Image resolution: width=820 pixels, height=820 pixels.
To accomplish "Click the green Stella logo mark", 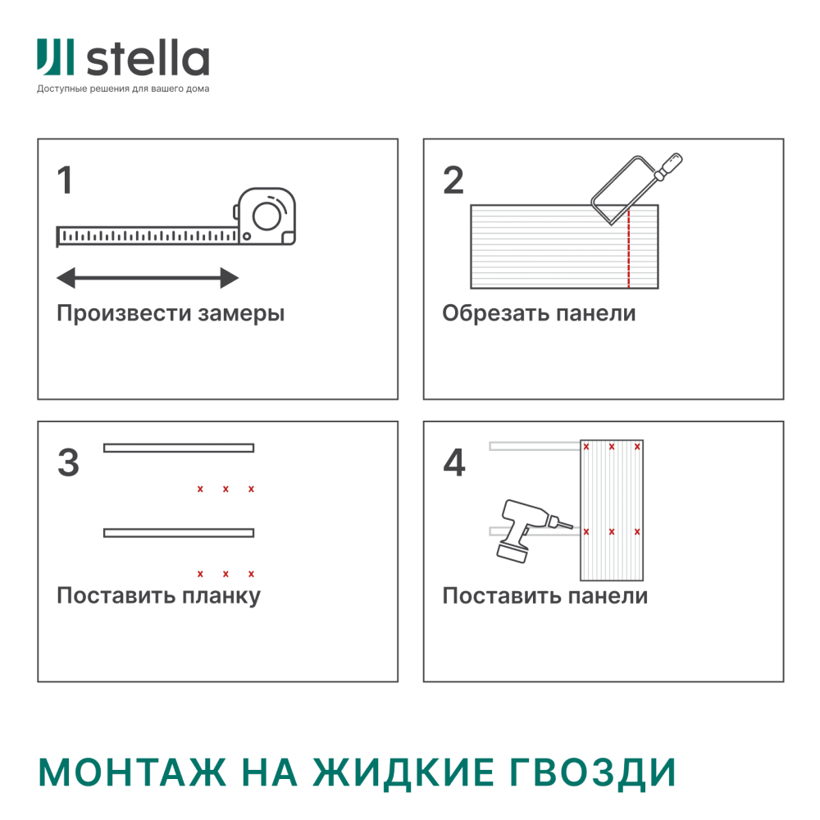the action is pyautogui.click(x=55, y=57).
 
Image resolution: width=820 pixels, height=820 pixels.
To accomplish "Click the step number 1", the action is pyautogui.click(x=65, y=180).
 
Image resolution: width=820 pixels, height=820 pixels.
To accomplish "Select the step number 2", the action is pyautogui.click(x=453, y=180).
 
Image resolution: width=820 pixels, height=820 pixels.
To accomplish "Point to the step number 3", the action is pyautogui.click(x=69, y=462).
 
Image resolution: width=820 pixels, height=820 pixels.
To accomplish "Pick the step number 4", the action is pyautogui.click(x=454, y=462).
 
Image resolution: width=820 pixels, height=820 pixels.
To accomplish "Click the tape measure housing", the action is pyautogui.click(x=265, y=216).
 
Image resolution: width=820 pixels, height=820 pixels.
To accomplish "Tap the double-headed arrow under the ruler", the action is pyautogui.click(x=148, y=278).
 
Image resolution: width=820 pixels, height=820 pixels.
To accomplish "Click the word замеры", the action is pyautogui.click(x=241, y=314).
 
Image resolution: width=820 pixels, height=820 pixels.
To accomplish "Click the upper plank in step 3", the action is pyautogui.click(x=179, y=448).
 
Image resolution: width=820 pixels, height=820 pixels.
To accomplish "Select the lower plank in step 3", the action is pyautogui.click(x=179, y=533).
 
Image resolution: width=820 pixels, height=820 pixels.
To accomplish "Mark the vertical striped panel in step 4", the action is pyautogui.click(x=612, y=510).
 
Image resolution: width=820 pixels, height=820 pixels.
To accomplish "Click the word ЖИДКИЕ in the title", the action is pyautogui.click(x=403, y=772).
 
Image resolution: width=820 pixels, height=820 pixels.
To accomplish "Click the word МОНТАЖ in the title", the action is pyautogui.click(x=132, y=772).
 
